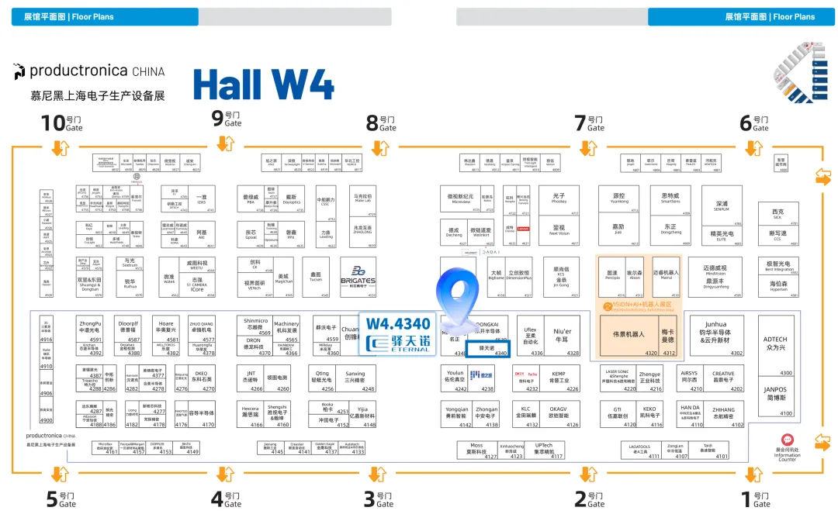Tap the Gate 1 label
coord(753,499)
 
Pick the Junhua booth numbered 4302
coord(715,335)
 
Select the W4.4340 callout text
coord(397,323)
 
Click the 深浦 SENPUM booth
coord(722,205)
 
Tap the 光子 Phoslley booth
coord(559,200)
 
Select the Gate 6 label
coord(757,123)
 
